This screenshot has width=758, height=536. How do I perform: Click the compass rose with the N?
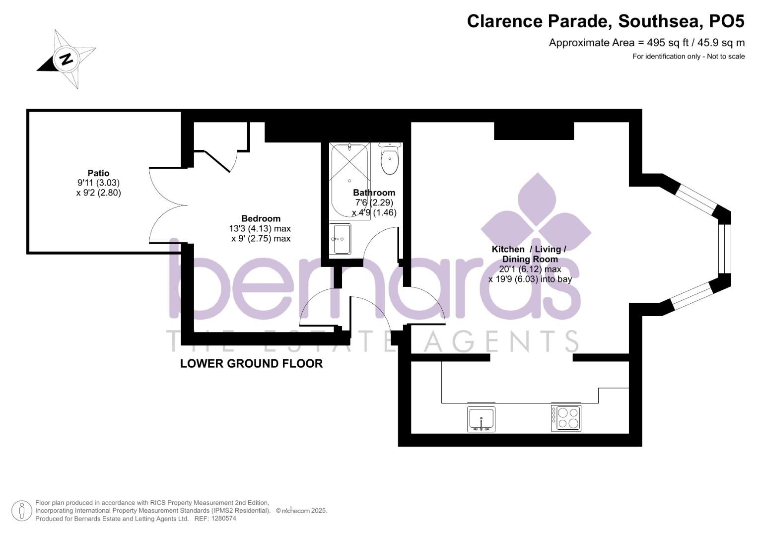pos(67,59)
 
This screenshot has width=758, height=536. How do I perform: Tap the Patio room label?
pos(98,173)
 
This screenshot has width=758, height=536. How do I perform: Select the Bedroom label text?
pos(261,218)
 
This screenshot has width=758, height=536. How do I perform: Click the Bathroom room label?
pos(374,193)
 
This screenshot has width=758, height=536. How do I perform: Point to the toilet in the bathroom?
pos(390,160)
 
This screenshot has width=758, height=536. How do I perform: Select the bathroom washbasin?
pos(341,239)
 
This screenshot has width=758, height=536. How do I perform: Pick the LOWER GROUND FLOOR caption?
pos(251,364)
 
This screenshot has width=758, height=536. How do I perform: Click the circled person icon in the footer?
pos(21,511)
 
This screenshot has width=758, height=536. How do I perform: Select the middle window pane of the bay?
pos(724,249)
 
